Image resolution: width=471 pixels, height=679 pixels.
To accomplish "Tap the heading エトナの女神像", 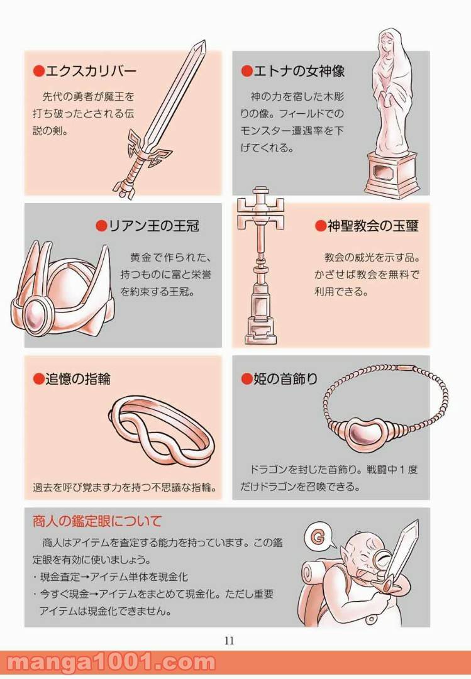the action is pos(299,70).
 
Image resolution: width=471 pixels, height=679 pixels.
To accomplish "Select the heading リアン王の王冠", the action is pos(153,226).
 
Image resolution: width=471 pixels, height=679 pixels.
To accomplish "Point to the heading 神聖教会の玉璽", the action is pos(373,226).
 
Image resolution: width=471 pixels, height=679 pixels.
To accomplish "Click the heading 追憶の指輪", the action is pos(78,379).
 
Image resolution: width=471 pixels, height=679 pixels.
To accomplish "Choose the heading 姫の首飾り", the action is pos(285,379).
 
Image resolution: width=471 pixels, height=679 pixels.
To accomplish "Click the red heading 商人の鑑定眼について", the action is pos(97,521).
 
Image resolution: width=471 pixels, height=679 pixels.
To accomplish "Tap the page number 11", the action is pos(230,641).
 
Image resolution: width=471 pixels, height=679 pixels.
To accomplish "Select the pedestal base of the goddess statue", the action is pos(392,174).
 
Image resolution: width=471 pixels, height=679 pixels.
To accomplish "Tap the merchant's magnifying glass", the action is pos(383,560).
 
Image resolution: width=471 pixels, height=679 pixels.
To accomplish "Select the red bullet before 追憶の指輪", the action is pos(39,379).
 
